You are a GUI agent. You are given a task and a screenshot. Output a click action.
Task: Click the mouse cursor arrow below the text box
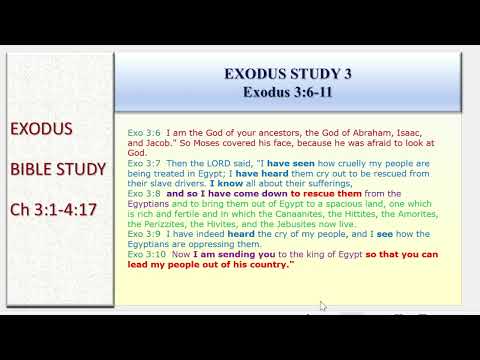pos(322,305)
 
